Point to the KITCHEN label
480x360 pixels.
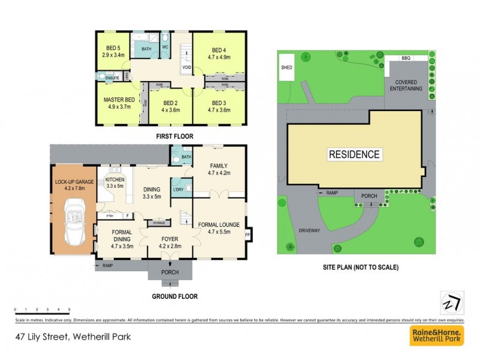(115, 179)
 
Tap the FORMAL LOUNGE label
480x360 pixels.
(219, 225)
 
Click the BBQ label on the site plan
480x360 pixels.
(406, 59)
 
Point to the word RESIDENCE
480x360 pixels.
(354, 154)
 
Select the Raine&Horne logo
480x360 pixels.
(436, 336)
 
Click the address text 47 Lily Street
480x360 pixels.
(73, 337)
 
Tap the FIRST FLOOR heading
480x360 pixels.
(175, 136)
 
